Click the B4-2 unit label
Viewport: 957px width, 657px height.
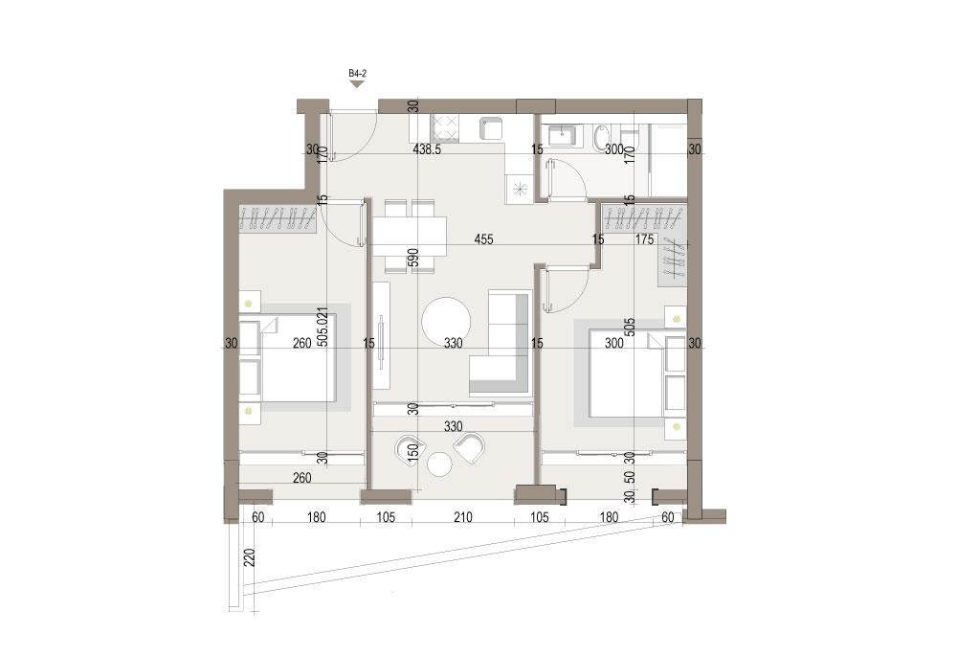pyautogui.click(x=357, y=74)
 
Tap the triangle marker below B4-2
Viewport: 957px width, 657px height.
pyautogui.click(x=357, y=84)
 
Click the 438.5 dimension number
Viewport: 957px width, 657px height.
pyautogui.click(x=427, y=149)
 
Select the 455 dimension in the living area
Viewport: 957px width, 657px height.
pyautogui.click(x=483, y=239)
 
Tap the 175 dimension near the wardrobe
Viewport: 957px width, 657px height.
pyautogui.click(x=644, y=239)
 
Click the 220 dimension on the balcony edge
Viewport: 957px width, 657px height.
pyautogui.click(x=249, y=558)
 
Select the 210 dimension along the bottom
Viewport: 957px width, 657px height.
pyautogui.click(x=463, y=518)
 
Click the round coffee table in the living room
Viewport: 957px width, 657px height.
pyautogui.click(x=446, y=321)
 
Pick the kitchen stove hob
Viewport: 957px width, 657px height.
pyautogui.click(x=446, y=127)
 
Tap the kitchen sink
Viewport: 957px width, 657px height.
pyautogui.click(x=490, y=127)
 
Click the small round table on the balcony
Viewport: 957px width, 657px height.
pyautogui.click(x=439, y=464)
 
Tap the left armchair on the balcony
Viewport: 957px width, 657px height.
pyautogui.click(x=408, y=449)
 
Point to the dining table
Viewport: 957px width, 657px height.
pyautogui.click(x=410, y=238)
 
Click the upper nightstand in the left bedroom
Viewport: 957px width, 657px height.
pyautogui.click(x=249, y=303)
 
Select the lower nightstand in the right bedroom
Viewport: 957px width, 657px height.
pyautogui.click(x=676, y=427)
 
